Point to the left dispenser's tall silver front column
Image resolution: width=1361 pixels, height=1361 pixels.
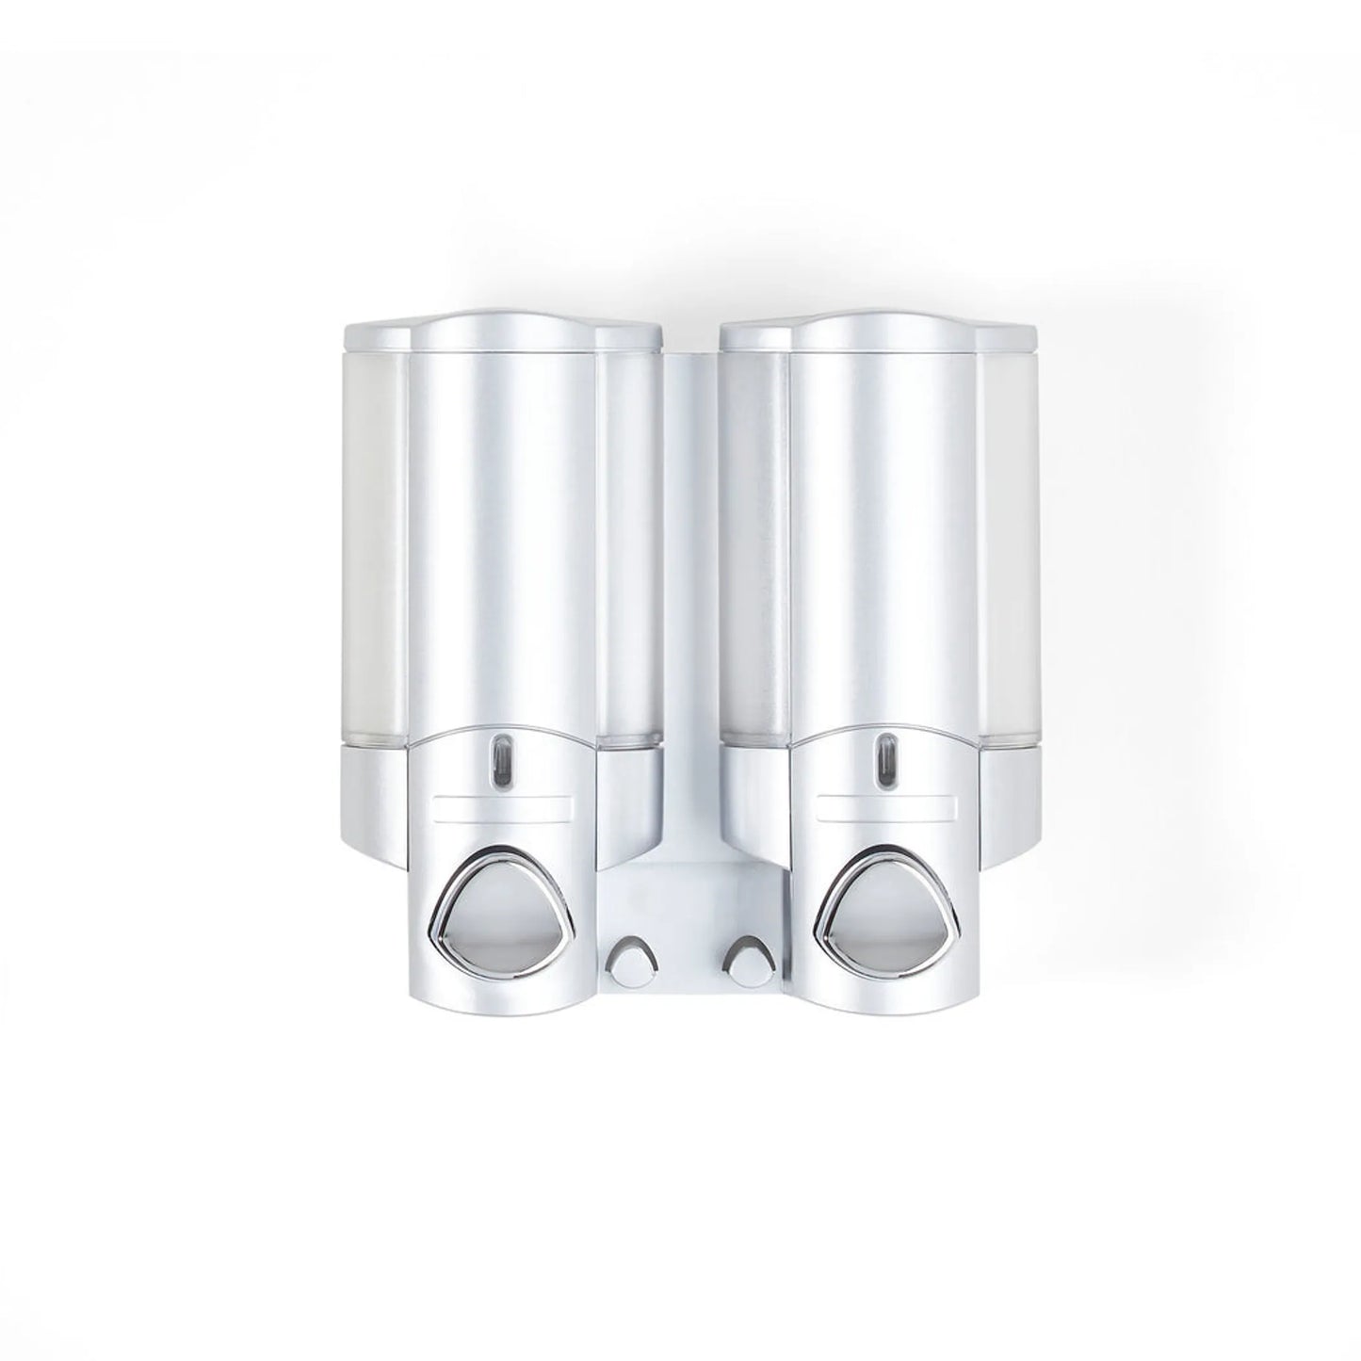(502, 565)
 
